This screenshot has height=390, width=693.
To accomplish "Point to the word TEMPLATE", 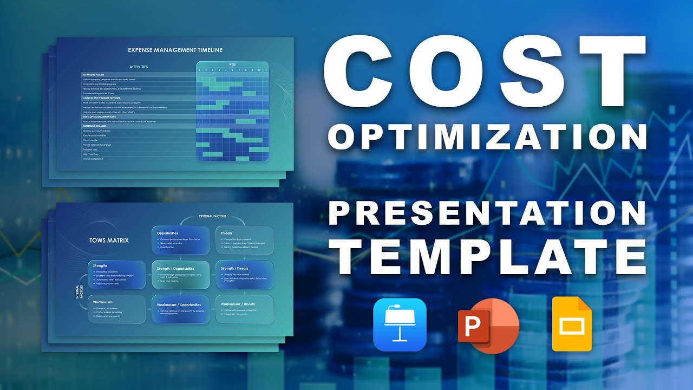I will tap(491, 255).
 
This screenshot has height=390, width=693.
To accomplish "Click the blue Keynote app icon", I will tap(400, 324).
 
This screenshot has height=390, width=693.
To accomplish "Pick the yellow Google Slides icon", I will tap(572, 324).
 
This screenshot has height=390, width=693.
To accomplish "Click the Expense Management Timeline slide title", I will tap(175, 50).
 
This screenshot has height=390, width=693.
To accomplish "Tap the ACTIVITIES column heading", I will tap(139, 67).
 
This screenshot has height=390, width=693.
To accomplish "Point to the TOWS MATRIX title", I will tap(109, 240).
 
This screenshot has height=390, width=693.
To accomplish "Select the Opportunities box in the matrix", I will tap(180, 240).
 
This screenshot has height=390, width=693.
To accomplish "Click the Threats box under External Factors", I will tap(244, 240).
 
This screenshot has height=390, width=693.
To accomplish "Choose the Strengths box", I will tap(116, 275).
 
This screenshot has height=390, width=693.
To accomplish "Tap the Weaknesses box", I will tap(116, 309).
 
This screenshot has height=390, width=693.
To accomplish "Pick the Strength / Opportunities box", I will tap(180, 275).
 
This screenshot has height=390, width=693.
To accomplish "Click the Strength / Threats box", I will tap(244, 275).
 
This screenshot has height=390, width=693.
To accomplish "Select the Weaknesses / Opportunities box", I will tap(180, 309).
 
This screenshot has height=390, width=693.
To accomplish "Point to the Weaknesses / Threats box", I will tap(244, 309).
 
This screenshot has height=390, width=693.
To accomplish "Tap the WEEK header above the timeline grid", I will tap(232, 64).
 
